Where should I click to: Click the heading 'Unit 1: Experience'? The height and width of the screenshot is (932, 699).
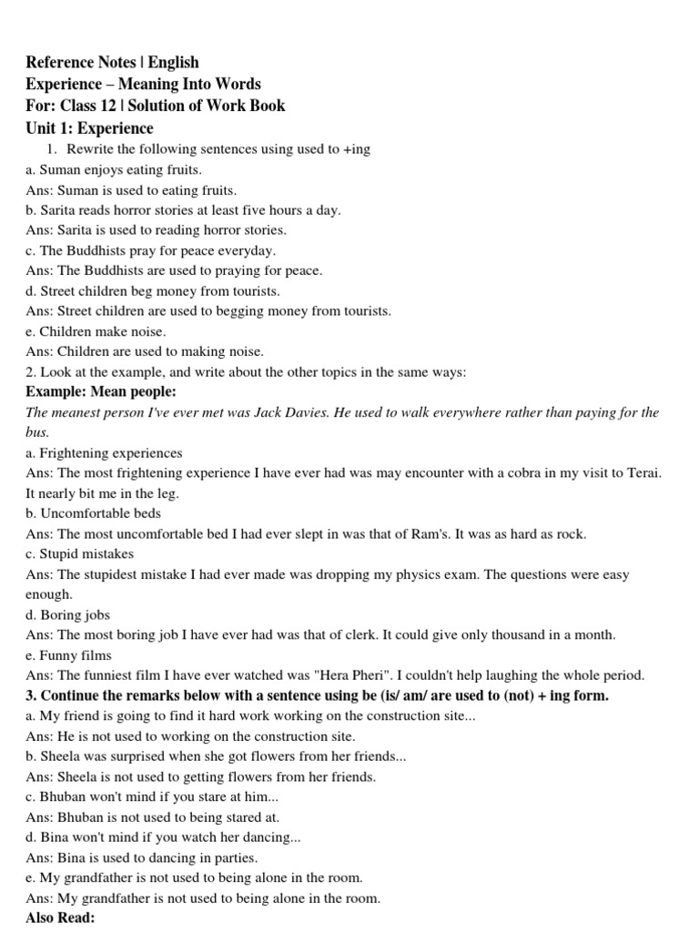click(89, 128)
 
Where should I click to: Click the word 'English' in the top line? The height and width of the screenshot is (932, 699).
click(173, 62)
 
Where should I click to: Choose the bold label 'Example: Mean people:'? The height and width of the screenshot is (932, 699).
click(101, 391)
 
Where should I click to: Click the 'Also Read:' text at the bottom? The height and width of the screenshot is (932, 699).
click(60, 918)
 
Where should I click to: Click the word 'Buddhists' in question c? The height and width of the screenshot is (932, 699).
click(97, 250)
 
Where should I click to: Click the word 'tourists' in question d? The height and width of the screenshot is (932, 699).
click(253, 290)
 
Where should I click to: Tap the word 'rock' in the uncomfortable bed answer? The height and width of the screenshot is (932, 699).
click(571, 534)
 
